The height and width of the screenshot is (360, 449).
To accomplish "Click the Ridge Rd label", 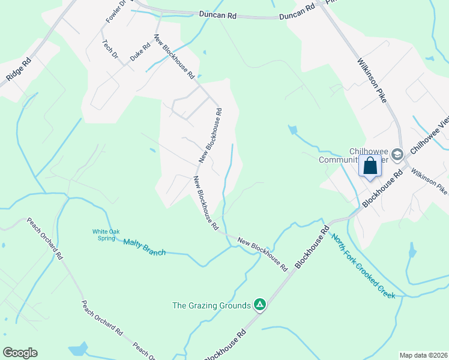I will click(18, 70).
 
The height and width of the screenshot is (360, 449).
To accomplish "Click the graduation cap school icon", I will click(396, 155).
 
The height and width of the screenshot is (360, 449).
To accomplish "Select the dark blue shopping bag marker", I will click(370, 166).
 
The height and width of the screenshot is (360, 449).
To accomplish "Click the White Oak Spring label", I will click(107, 235).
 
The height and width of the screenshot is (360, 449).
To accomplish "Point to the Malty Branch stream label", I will click(144, 247).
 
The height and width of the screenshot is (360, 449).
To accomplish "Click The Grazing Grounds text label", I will click(211, 305).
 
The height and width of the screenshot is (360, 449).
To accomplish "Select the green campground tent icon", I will click(259, 305).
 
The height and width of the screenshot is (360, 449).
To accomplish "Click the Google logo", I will click(20, 353).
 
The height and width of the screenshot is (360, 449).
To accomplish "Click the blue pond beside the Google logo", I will click(78, 349).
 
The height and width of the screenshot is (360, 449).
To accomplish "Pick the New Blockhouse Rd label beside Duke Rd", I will click(175, 56).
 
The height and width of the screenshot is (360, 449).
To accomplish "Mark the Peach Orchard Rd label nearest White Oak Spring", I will click(44, 238).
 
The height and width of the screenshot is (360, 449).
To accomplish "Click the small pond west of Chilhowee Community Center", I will click(292, 129).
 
